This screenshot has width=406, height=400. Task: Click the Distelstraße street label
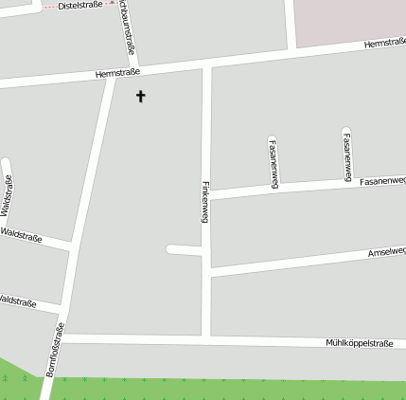(79, 6)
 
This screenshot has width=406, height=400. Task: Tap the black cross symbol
(141, 96)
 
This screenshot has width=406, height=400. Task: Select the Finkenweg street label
(205, 201)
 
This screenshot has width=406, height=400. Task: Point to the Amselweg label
(386, 252)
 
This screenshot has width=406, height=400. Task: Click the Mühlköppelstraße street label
(359, 342)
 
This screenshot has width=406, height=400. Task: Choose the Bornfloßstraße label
(55, 350)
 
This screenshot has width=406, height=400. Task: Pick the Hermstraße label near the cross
(117, 73)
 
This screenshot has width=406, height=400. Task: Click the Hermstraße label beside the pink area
(384, 44)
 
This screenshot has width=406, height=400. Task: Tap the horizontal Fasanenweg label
(382, 179)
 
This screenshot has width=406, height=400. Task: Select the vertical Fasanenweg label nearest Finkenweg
(274, 163)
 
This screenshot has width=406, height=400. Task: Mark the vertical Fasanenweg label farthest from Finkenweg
(347, 155)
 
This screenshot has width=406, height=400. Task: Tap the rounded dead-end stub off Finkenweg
(173, 249)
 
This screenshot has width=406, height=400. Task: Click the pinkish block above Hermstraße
(350, 19)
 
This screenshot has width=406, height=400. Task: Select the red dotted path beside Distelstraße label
(49, 6)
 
